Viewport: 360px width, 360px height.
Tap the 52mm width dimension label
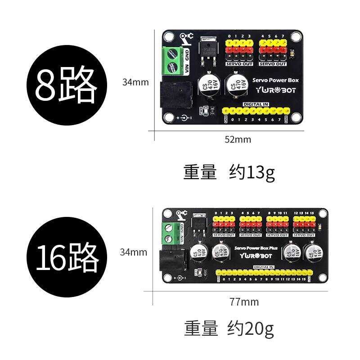pos(238,139)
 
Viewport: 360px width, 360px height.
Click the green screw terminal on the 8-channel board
pos(172,61)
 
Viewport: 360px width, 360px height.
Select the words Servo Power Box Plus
pos(256,248)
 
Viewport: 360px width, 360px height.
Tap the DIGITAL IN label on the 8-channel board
pos(256,104)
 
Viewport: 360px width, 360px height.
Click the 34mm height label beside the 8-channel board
pos(135,82)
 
